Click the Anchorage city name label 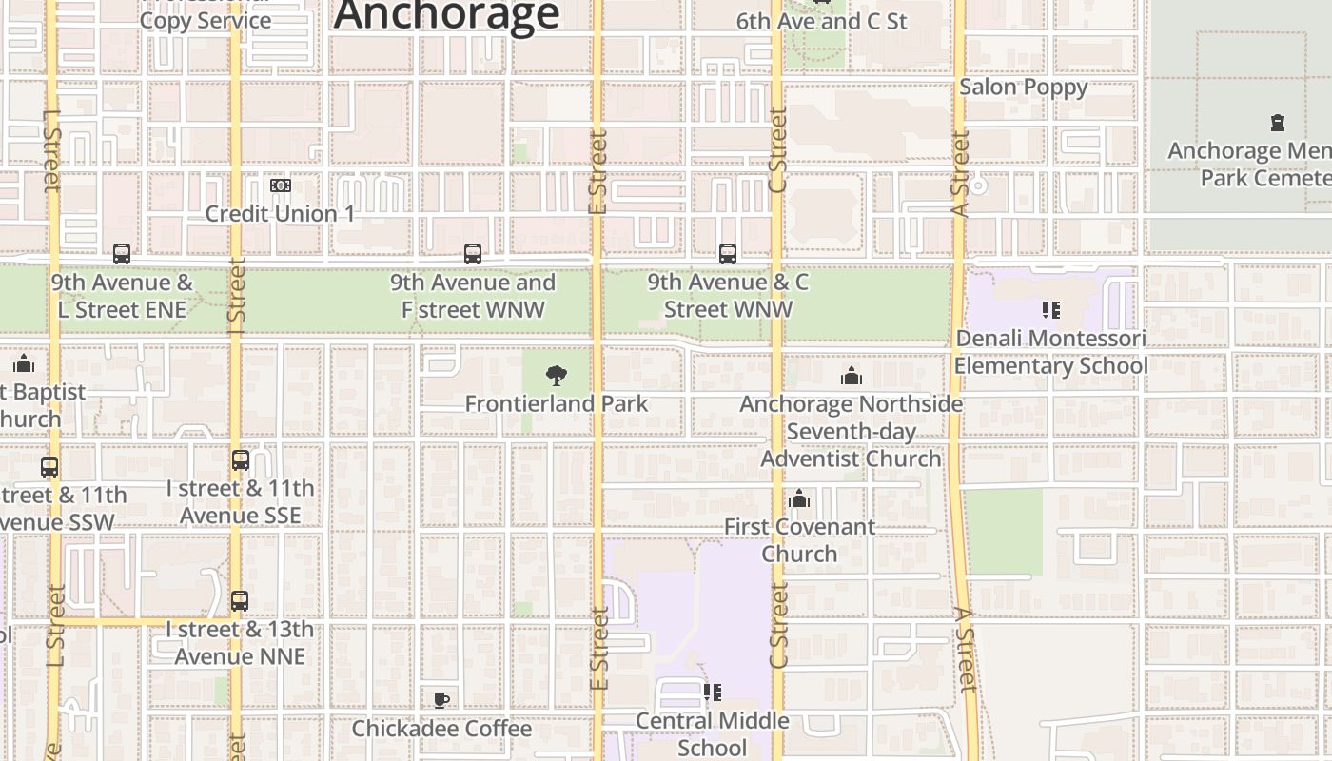tap(446, 15)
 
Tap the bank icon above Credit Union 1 tap(281, 185)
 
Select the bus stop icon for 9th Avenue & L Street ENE tap(122, 254)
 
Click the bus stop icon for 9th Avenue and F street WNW tap(473, 254)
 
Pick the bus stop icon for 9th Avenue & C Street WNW tap(728, 254)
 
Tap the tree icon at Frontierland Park tap(557, 377)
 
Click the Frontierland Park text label tap(557, 403)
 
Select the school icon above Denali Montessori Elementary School tap(1051, 310)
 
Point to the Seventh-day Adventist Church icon tap(852, 377)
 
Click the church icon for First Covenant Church tap(799, 499)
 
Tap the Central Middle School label tap(712, 733)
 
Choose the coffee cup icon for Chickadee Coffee tap(441, 701)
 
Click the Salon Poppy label tap(1023, 87)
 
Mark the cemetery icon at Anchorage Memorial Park tap(1278, 123)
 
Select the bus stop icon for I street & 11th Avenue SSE tap(241, 460)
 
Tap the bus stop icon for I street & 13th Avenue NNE tap(240, 601)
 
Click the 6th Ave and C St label tap(822, 21)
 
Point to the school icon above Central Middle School tap(712, 693)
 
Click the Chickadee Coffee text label tap(441, 729)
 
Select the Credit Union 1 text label tap(281, 213)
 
